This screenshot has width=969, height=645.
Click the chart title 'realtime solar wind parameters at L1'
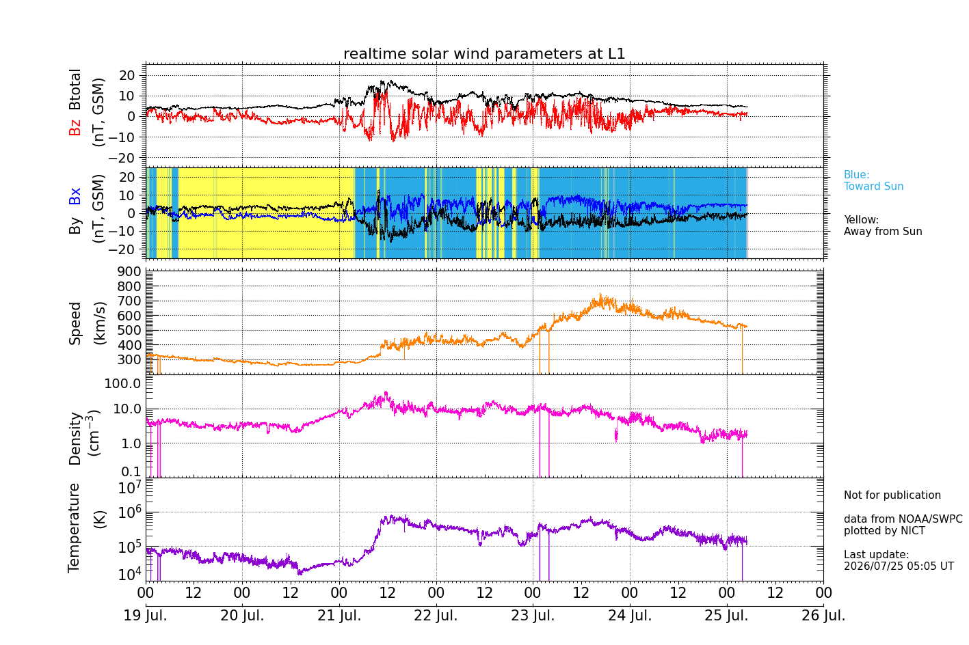click(x=484, y=54)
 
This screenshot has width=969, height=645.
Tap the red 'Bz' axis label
click(x=75, y=126)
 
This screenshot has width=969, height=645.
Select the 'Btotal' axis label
click(x=75, y=90)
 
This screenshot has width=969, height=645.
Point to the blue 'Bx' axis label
click(x=75, y=196)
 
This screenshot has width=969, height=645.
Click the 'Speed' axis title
click(x=75, y=323)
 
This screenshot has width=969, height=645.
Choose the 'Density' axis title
click(x=75, y=438)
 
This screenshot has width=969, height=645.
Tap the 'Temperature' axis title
click(x=75, y=528)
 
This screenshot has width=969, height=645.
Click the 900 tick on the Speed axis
click(x=129, y=272)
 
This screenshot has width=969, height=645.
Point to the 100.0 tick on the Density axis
click(x=123, y=383)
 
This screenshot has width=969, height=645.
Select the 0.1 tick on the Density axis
click(x=131, y=471)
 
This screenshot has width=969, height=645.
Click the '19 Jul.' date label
click(x=146, y=615)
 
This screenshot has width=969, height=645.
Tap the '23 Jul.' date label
click(x=533, y=615)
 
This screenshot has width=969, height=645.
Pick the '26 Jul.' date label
click(x=823, y=615)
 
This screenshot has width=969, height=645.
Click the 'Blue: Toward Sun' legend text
click(x=873, y=180)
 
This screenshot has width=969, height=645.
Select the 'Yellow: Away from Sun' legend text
click(x=883, y=225)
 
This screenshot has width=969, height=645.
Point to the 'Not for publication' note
click(x=892, y=495)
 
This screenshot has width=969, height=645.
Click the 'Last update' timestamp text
click(x=899, y=560)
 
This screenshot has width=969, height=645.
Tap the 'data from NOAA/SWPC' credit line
click(x=903, y=519)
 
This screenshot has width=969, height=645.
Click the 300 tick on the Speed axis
click(x=129, y=360)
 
